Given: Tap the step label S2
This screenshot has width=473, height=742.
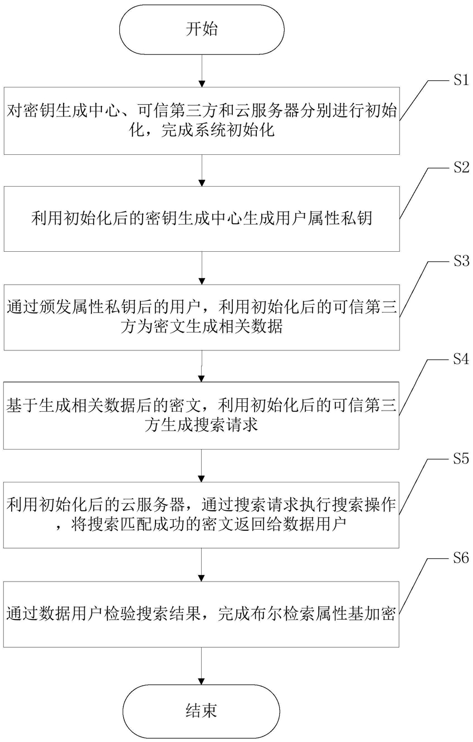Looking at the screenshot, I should tap(459, 170).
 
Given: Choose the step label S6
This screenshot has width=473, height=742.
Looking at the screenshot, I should tap(459, 559).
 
